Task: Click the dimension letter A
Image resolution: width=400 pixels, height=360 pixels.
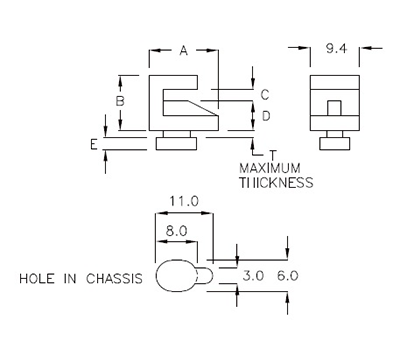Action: (183, 53)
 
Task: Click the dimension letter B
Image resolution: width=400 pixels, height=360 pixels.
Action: (119, 101)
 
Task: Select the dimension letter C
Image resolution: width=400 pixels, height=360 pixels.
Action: (265, 94)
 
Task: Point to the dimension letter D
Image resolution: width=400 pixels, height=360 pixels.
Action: (265, 117)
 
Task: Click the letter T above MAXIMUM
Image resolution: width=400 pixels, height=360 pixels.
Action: (272, 153)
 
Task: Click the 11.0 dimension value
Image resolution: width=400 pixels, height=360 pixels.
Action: (184, 201)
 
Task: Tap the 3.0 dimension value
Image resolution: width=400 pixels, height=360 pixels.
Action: (253, 273)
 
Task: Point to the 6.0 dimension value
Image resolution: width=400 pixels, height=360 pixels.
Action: (288, 273)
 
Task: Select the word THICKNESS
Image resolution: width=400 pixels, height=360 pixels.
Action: (276, 183)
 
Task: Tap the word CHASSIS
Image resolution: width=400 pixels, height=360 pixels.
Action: (118, 277)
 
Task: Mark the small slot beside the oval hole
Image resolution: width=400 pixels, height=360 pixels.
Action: (204, 274)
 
